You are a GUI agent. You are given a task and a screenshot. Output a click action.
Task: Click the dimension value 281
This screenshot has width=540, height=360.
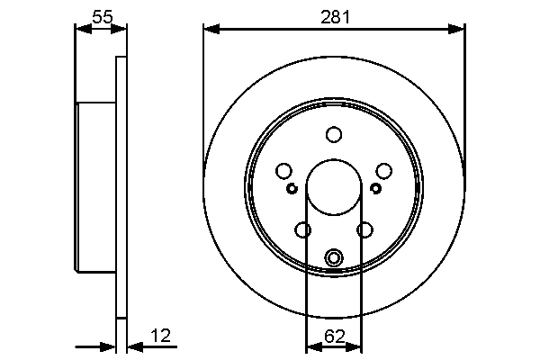coord(335,15)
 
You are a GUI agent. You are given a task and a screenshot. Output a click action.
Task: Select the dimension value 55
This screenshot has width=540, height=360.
coord(102,15)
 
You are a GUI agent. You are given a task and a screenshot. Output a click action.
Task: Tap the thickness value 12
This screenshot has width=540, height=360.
coord(161,337)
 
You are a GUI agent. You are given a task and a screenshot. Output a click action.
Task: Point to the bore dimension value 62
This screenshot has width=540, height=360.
coord(334,337)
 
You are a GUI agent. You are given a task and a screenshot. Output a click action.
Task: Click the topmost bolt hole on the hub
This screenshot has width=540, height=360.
coord(334,135)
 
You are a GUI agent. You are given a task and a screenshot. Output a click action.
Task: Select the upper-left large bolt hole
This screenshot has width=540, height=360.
coord(284,171)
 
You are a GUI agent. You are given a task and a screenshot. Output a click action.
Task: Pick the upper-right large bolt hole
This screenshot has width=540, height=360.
coord(384,171)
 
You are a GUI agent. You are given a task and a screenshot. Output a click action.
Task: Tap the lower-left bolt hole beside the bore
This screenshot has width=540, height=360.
coord(303,230)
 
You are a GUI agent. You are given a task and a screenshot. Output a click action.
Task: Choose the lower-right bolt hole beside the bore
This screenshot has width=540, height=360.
coord(364,230)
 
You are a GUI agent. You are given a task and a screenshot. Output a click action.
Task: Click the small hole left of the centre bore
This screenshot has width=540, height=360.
coord(292,188)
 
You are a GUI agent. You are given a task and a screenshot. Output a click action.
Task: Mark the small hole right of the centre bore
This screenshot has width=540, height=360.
coord(376,188)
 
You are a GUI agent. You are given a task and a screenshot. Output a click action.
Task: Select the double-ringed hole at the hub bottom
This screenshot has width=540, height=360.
coord(334,258)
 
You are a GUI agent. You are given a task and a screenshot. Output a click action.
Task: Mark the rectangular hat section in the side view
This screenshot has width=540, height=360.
coord(96,187)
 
